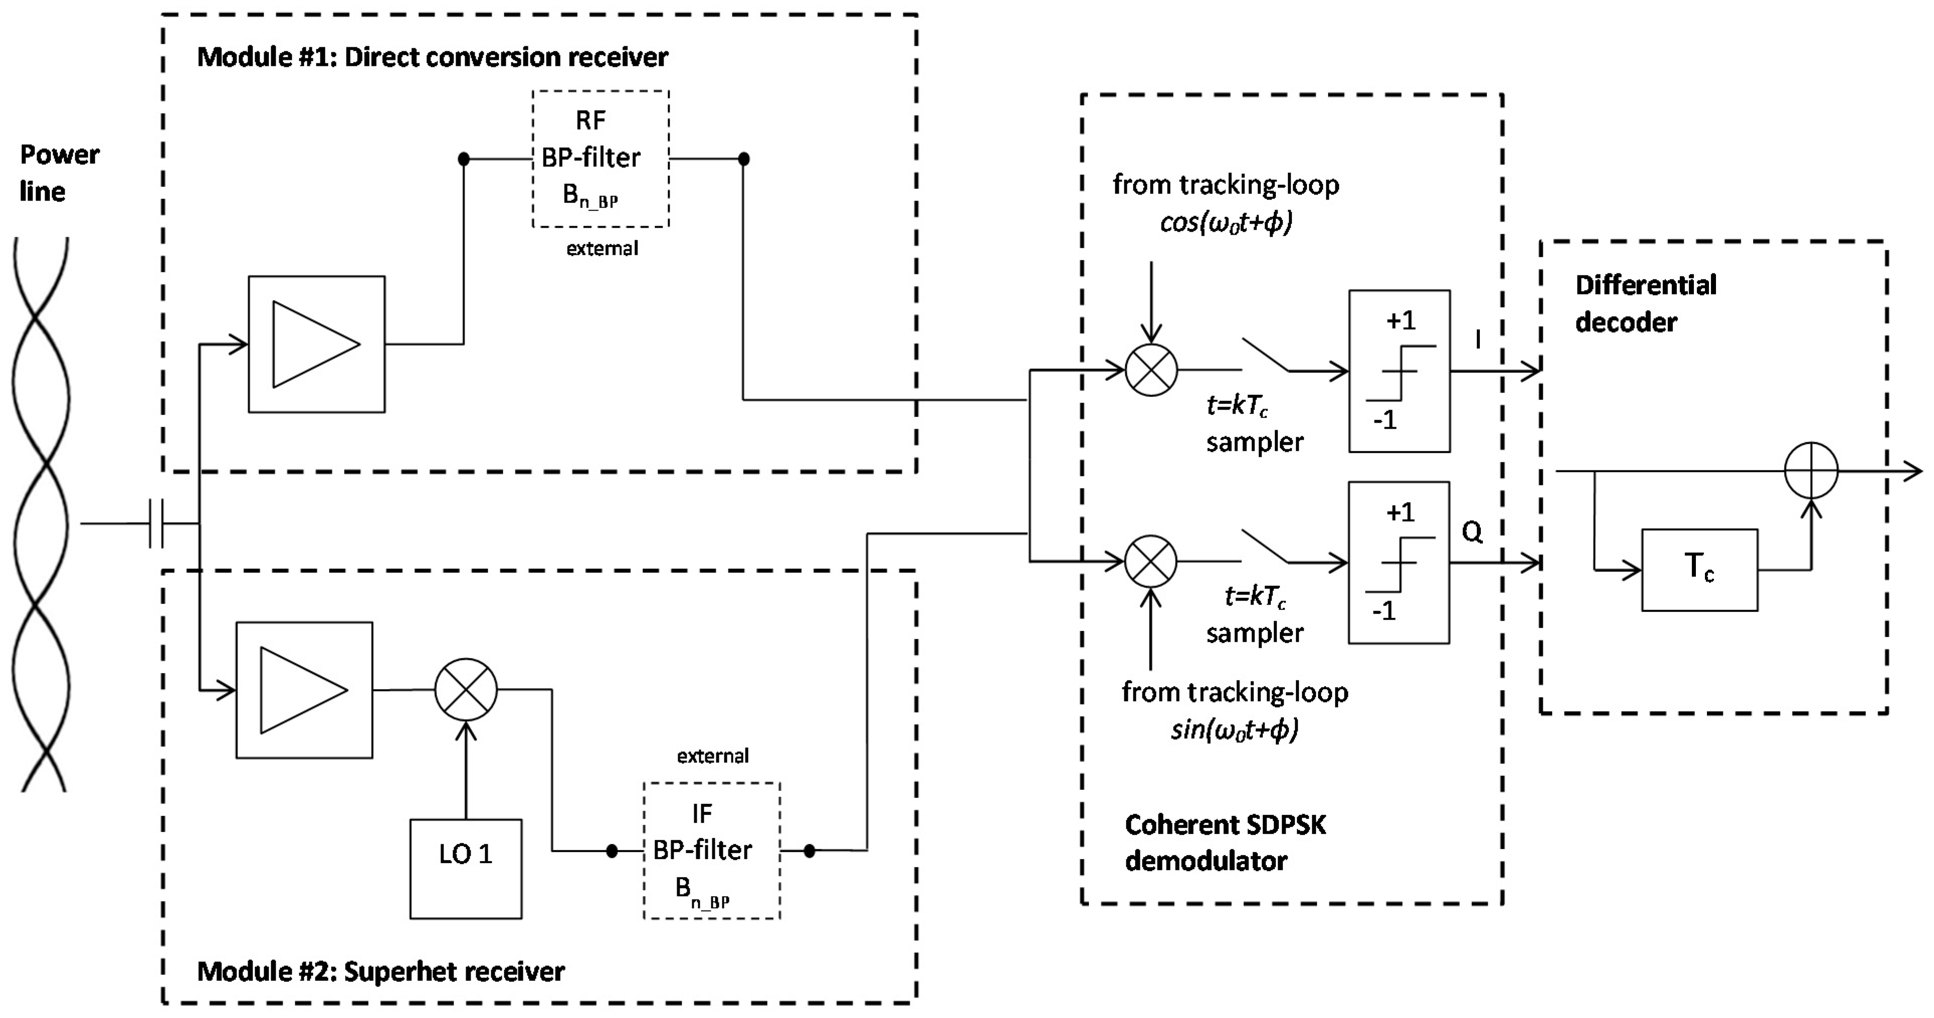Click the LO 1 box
coord(466,869)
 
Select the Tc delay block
coord(1699,570)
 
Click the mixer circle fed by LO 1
coord(466,689)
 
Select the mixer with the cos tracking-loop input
coord(1151,369)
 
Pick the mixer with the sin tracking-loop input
coord(1151,561)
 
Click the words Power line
coord(59,173)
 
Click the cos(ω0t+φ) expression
coord(1226,223)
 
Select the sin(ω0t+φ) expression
coord(1235,729)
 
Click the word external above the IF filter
coord(712,756)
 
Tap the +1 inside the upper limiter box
coord(1400,321)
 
